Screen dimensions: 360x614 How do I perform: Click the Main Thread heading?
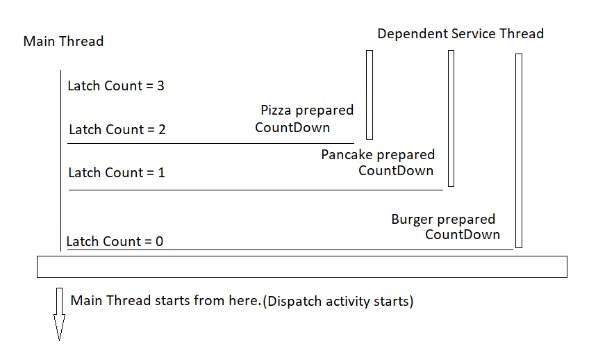click(x=63, y=42)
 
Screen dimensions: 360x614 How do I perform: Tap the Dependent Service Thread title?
click(x=460, y=33)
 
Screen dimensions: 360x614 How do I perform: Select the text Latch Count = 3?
click(x=115, y=86)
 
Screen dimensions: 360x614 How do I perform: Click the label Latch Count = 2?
click(x=117, y=129)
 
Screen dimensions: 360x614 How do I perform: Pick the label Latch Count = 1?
click(x=117, y=172)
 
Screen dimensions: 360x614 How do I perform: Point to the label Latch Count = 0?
click(x=115, y=242)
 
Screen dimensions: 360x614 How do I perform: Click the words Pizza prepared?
click(x=307, y=110)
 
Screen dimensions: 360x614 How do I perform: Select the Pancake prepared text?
click(x=378, y=154)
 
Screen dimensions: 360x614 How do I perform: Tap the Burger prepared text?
click(x=443, y=220)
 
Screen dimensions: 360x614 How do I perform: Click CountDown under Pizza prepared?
click(x=292, y=127)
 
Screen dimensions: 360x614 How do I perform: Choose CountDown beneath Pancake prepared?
click(x=396, y=170)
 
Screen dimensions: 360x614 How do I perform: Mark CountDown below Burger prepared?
click(x=463, y=234)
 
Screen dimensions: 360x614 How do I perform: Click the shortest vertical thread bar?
click(x=370, y=95)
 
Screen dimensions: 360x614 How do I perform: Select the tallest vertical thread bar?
click(x=519, y=150)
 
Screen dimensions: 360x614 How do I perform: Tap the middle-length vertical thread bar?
click(x=451, y=118)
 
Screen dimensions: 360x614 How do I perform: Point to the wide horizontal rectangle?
click(x=302, y=267)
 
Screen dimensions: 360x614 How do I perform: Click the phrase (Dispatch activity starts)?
click(x=338, y=302)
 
